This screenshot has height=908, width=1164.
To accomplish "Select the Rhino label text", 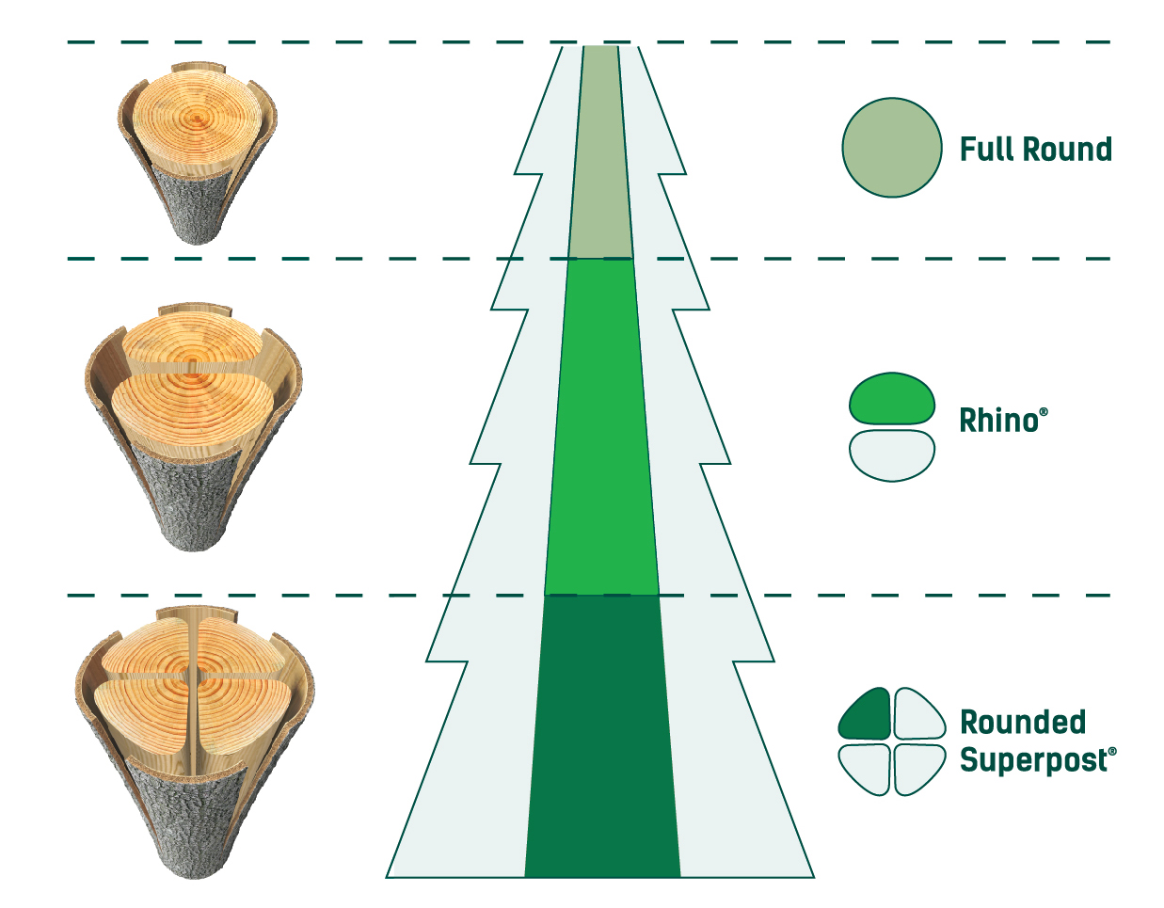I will pyautogui.click(x=998, y=421).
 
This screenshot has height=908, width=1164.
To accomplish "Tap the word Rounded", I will pyautogui.click(x=1023, y=722).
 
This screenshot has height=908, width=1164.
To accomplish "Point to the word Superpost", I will pyautogui.click(x=1033, y=760).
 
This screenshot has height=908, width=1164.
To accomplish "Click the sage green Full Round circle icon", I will pyautogui.click(x=891, y=148).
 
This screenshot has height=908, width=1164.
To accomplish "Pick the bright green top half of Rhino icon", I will pyautogui.click(x=891, y=399).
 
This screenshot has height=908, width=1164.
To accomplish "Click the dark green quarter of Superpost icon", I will pyautogui.click(x=867, y=716).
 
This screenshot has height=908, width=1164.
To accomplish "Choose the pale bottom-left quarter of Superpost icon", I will pyautogui.click(x=867, y=767).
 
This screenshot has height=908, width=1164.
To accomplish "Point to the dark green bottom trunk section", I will pyautogui.click(x=602, y=734).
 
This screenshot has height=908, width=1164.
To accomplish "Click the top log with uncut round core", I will pyautogui.click(x=198, y=151).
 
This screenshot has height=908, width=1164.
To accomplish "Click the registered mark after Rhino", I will pyautogui.click(x=1044, y=412).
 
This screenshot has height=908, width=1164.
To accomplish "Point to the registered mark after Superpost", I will pyautogui.click(x=1112, y=752).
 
